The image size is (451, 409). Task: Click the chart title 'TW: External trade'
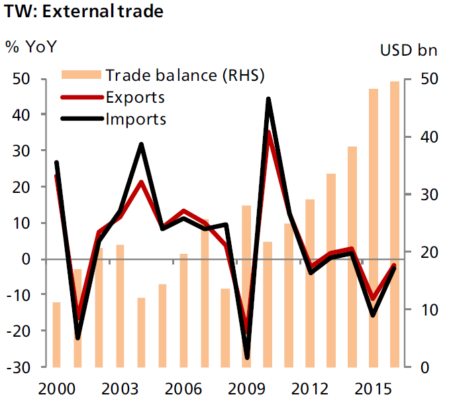[x=83, y=12]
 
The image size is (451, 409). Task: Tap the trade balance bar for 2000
[x=56, y=334]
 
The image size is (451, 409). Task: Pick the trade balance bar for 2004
[x=141, y=332]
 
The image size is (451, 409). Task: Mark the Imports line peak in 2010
[x=268, y=99]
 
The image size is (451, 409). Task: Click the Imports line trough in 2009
[x=247, y=357]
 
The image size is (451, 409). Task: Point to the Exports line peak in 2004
[x=141, y=182]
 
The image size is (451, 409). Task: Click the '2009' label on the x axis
[x=247, y=387]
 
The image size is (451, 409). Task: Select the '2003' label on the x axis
[x=120, y=387]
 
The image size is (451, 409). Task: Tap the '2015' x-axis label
[x=374, y=387]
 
